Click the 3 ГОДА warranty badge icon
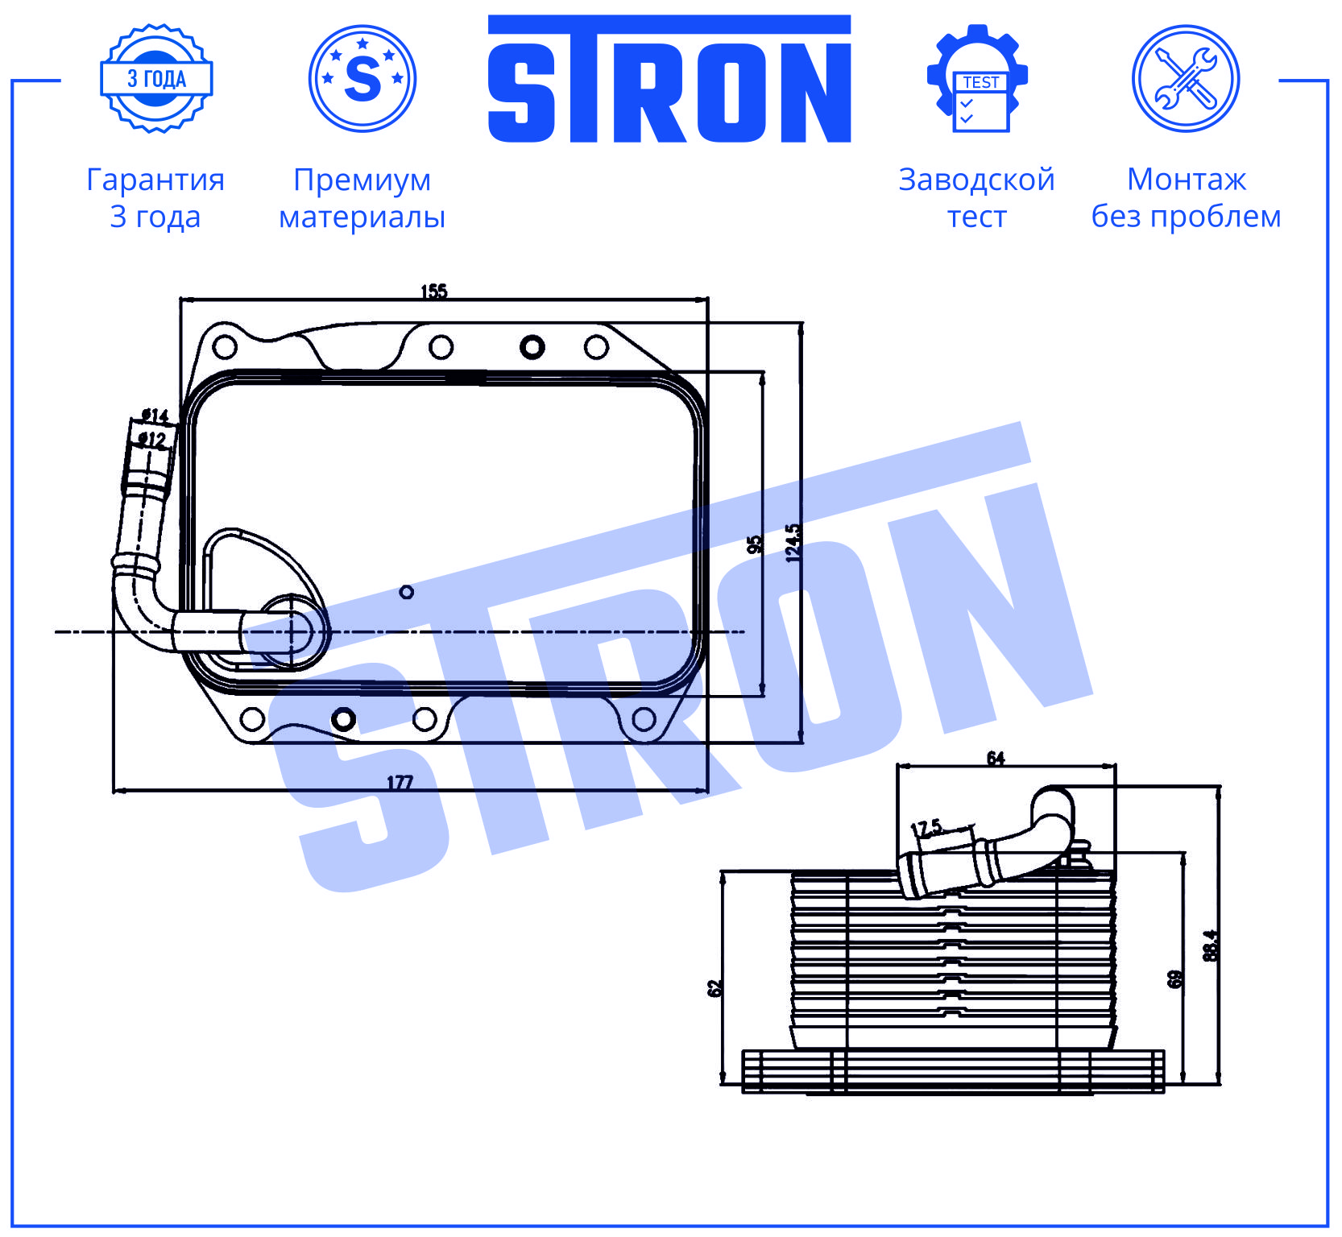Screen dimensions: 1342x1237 (x=156, y=78)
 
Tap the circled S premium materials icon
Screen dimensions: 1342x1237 (x=362, y=78)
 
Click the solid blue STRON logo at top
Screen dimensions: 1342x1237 (x=669, y=79)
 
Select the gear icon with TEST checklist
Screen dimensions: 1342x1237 (x=977, y=78)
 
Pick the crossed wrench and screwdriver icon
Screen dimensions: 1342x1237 (x=1186, y=78)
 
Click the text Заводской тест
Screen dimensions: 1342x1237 (x=976, y=198)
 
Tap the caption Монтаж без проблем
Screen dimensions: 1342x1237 (x=1186, y=198)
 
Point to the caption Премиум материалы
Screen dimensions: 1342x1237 (x=362, y=198)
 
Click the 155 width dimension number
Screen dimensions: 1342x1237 (x=434, y=292)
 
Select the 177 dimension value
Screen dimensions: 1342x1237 (x=400, y=782)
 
